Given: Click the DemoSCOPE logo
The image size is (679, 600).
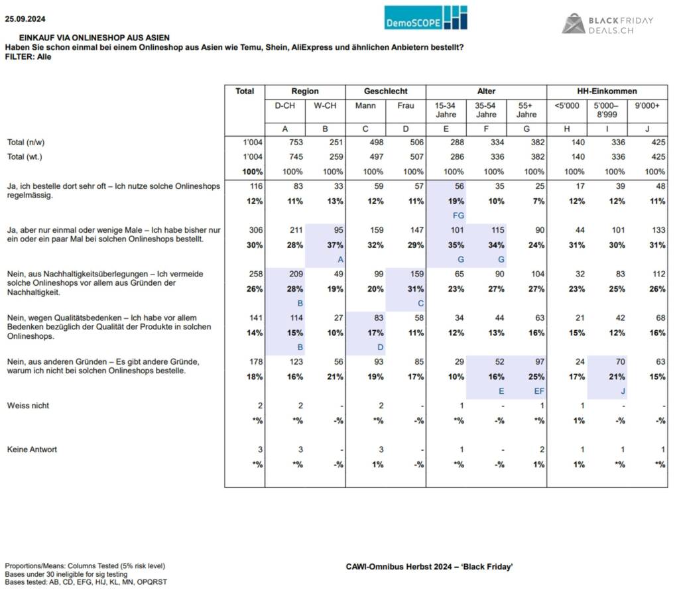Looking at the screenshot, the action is point(426,18).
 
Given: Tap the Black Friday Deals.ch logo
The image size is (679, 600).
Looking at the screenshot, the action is point(607,24).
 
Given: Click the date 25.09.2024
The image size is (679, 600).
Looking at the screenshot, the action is point(25,19).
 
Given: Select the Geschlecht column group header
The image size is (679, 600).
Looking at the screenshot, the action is point(385,91).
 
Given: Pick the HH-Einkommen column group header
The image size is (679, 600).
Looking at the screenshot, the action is point(607,91).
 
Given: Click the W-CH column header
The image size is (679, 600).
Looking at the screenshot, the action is point(325,105).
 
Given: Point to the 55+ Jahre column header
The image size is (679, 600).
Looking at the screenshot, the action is point(526,110).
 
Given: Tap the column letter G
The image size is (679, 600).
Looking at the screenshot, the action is point(526,129).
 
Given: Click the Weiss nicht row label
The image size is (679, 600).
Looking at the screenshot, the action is point(28,406).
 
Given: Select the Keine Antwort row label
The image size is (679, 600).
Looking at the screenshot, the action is point(32,450).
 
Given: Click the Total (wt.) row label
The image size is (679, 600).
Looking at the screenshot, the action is point(25,156).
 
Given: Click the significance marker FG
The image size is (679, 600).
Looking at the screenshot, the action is point(458,215).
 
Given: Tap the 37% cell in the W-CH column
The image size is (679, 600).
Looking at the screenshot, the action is point(335,245).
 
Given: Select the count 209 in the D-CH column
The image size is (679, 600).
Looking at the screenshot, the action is point(296,274).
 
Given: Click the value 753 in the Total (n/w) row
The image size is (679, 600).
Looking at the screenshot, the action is point(296,143).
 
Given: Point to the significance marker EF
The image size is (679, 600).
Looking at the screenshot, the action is point(539,391).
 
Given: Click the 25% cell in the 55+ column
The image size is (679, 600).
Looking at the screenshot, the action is point(536,377).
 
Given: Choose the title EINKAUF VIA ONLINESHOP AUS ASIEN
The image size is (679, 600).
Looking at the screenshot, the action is point(94,38).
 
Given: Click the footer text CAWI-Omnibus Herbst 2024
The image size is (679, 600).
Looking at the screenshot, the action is point(399,567).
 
